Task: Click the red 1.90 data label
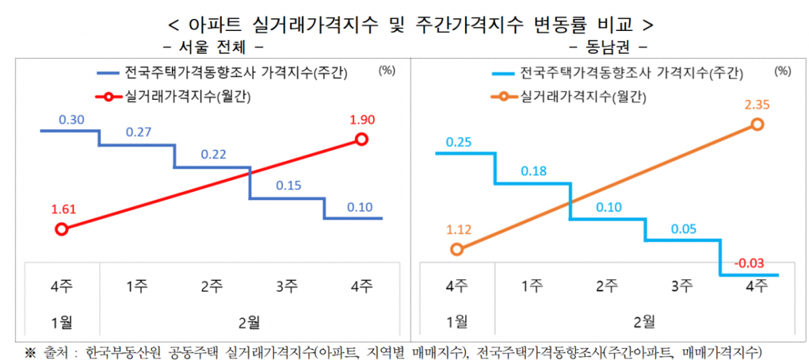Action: pos(362,121)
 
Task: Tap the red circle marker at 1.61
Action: pos(61,229)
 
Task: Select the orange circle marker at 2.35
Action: pos(757,124)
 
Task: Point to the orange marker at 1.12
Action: pos(456,249)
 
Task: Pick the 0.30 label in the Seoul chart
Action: pos(71,120)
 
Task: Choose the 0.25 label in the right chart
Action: pos(458,142)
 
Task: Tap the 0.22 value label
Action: pos(213,155)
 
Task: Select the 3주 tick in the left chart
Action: pos(287,285)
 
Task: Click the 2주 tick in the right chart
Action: pos(607,285)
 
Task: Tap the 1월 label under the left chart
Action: pos(61,322)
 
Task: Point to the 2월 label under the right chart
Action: pos(645,322)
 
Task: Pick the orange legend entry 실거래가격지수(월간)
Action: pos(581,96)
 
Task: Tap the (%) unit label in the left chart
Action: pos(387,69)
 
